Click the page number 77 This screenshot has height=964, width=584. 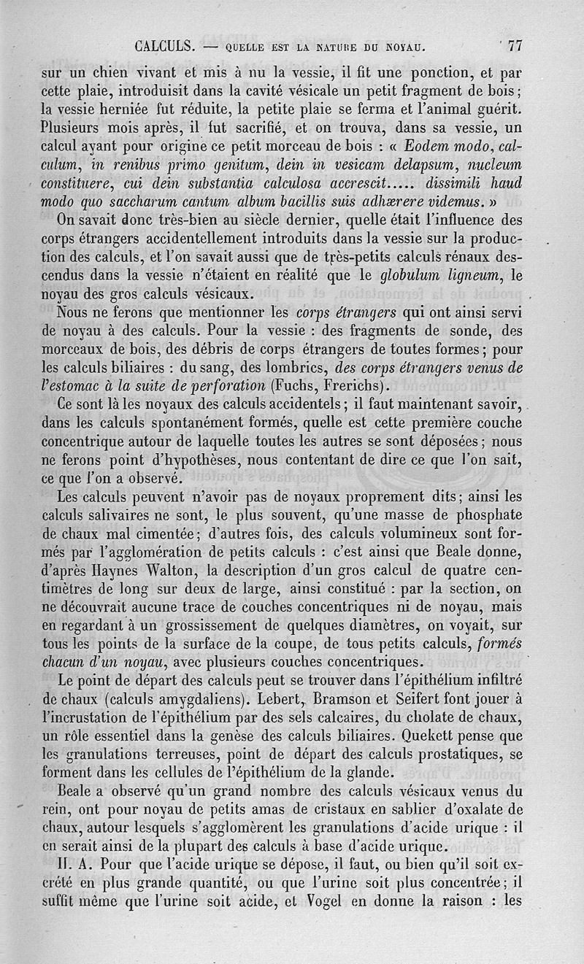[x=515, y=46]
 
